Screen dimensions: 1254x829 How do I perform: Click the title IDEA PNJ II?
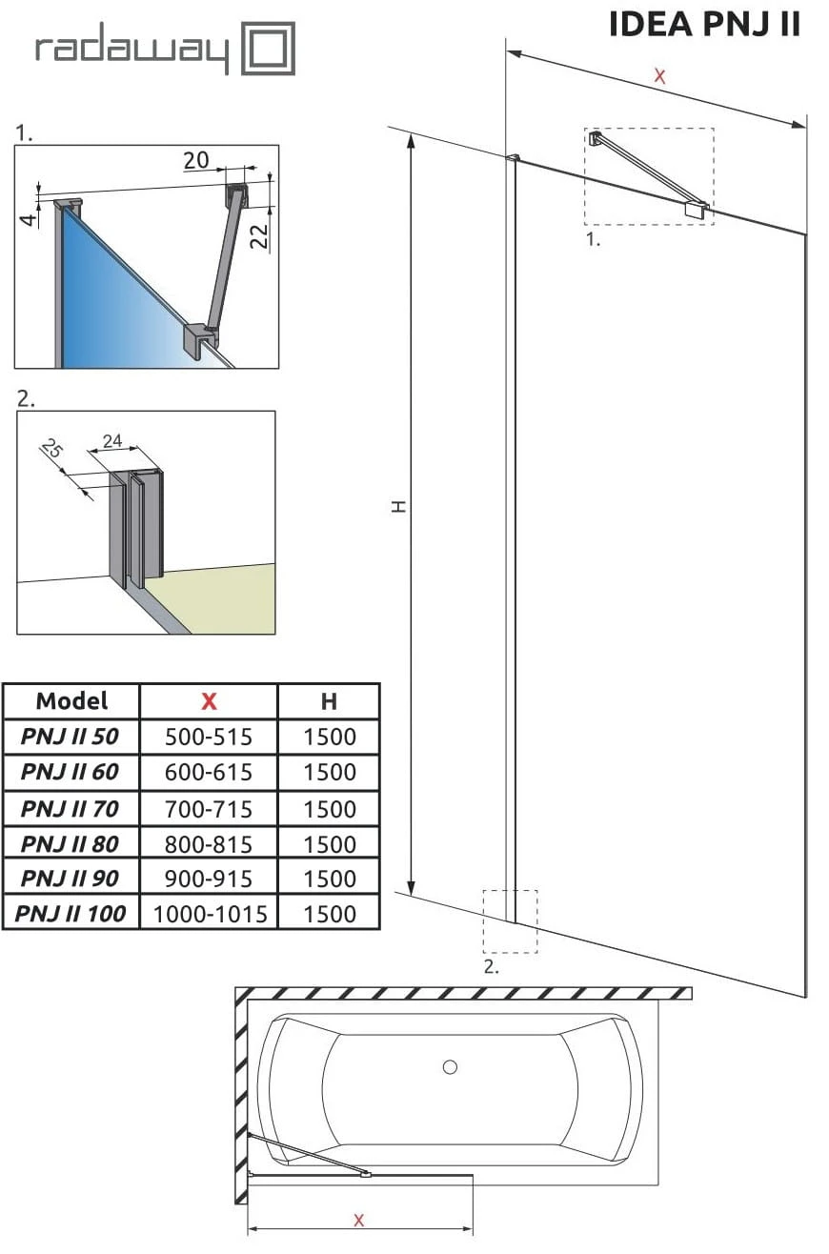pos(704,25)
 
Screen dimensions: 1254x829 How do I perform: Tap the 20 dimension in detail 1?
pos(196,160)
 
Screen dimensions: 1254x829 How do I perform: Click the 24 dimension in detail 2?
pos(112,440)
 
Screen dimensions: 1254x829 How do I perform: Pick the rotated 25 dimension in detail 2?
pos(51,448)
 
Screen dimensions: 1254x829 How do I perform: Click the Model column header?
pos(71,701)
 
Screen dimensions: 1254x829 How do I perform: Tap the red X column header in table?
pos(209,701)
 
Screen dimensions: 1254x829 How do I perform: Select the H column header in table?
pos(329,701)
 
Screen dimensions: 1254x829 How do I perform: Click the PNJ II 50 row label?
pos(71,737)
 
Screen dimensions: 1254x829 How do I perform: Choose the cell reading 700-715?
pos(209,809)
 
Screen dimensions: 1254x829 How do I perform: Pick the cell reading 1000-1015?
pos(209,914)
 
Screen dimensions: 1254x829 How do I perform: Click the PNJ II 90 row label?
pos(71,878)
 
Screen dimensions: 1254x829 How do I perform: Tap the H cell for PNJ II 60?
pos(329,772)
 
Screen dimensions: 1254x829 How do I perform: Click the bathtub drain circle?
pos(450,1067)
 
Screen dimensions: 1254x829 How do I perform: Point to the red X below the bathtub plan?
pos(358,1220)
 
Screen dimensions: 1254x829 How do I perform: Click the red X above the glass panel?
pos(659,76)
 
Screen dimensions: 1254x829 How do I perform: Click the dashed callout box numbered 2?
pos(510,921)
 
